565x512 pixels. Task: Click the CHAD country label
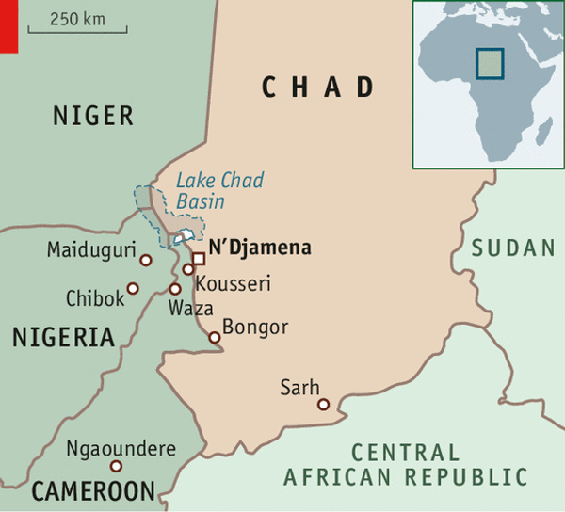tap(317, 88)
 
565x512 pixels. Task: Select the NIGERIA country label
tap(63, 338)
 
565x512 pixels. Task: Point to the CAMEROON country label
tap(92, 490)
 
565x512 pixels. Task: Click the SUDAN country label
tap(513, 248)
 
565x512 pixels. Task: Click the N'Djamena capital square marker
tap(198, 259)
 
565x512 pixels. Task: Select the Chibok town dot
tap(133, 288)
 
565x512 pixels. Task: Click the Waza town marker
tap(174, 289)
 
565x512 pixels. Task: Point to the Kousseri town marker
tap(188, 270)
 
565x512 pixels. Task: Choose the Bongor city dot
tap(215, 337)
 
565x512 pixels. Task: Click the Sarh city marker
tap(323, 405)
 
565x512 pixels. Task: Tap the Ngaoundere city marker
tap(116, 466)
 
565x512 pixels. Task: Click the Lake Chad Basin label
tap(219, 190)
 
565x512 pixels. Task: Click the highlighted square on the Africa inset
tap(489, 62)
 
